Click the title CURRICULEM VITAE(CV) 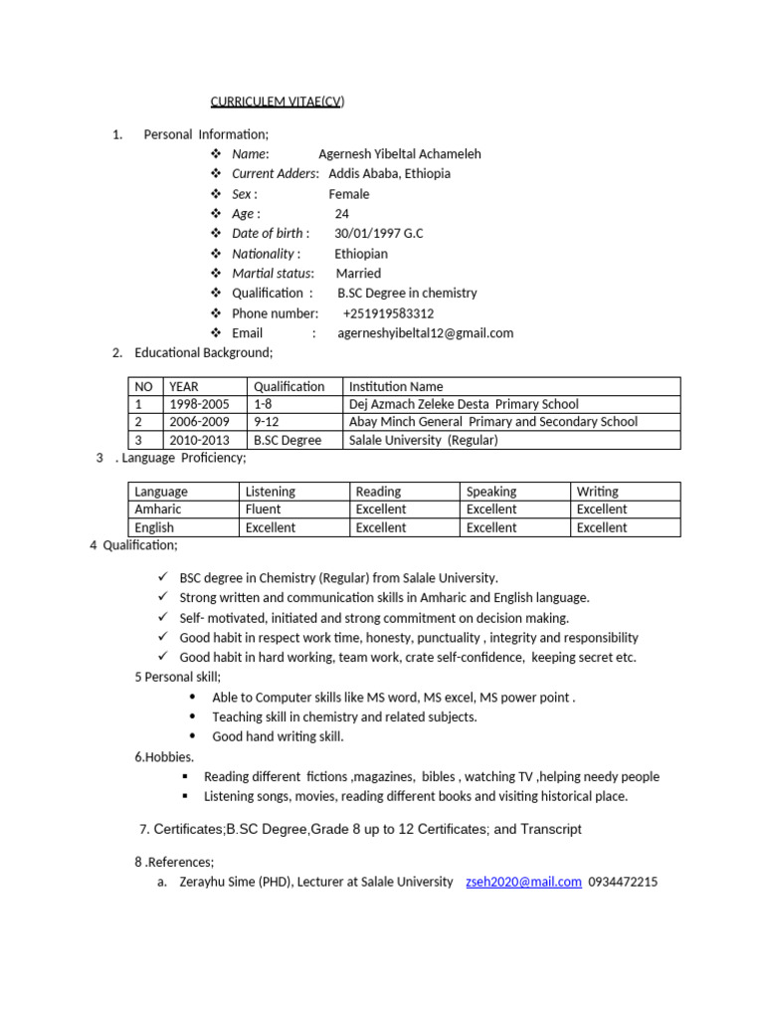click(x=278, y=102)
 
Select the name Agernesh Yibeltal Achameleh click(x=399, y=153)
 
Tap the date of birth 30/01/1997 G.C click(x=378, y=233)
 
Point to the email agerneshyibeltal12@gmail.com click(x=426, y=332)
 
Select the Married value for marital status click(x=358, y=273)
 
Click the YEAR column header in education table click(x=184, y=386)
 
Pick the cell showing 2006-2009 click(x=199, y=422)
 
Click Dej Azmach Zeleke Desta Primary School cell click(x=464, y=404)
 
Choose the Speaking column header click(x=491, y=492)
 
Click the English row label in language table click(x=154, y=527)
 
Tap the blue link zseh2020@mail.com click(x=523, y=882)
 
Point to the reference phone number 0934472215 click(x=623, y=882)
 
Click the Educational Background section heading click(x=203, y=352)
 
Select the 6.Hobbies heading click(x=164, y=757)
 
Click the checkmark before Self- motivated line click(x=163, y=617)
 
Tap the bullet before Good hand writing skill click(x=191, y=736)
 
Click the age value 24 click(x=342, y=213)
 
